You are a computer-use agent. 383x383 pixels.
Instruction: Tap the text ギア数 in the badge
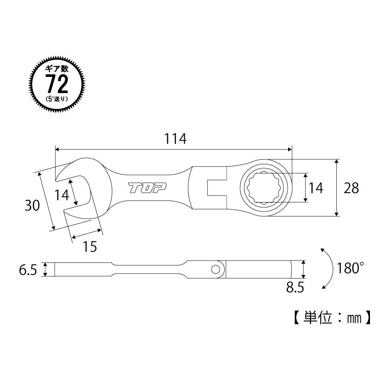pyautogui.click(x=57, y=70)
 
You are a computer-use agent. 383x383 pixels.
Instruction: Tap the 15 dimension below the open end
pyautogui.click(x=90, y=247)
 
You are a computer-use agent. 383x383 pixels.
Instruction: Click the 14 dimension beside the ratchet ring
pyautogui.click(x=316, y=188)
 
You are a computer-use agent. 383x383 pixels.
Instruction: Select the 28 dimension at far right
pyautogui.click(x=351, y=188)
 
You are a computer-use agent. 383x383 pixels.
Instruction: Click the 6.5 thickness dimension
pyautogui.click(x=28, y=270)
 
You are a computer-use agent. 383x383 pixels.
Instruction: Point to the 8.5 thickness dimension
pyautogui.click(x=295, y=287)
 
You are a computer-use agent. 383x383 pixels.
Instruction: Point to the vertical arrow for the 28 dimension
pyautogui.click(x=336, y=188)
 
